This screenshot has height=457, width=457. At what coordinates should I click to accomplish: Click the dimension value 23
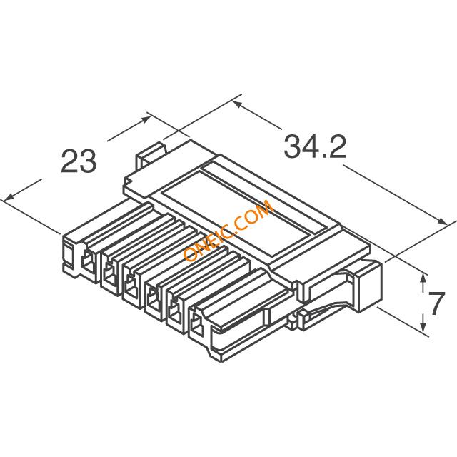[79, 161]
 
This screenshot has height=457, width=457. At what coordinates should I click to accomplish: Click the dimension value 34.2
[315, 146]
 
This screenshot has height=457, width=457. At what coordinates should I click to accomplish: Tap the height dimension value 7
[436, 303]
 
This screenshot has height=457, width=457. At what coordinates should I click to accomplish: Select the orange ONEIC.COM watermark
[228, 231]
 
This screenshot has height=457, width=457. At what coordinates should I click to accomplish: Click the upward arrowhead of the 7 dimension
[423, 278]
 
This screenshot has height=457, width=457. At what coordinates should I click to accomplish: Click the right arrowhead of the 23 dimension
[146, 119]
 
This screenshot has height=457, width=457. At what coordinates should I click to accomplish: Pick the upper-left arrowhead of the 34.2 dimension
[237, 104]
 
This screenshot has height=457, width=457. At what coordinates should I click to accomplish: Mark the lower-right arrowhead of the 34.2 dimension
[441, 221]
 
